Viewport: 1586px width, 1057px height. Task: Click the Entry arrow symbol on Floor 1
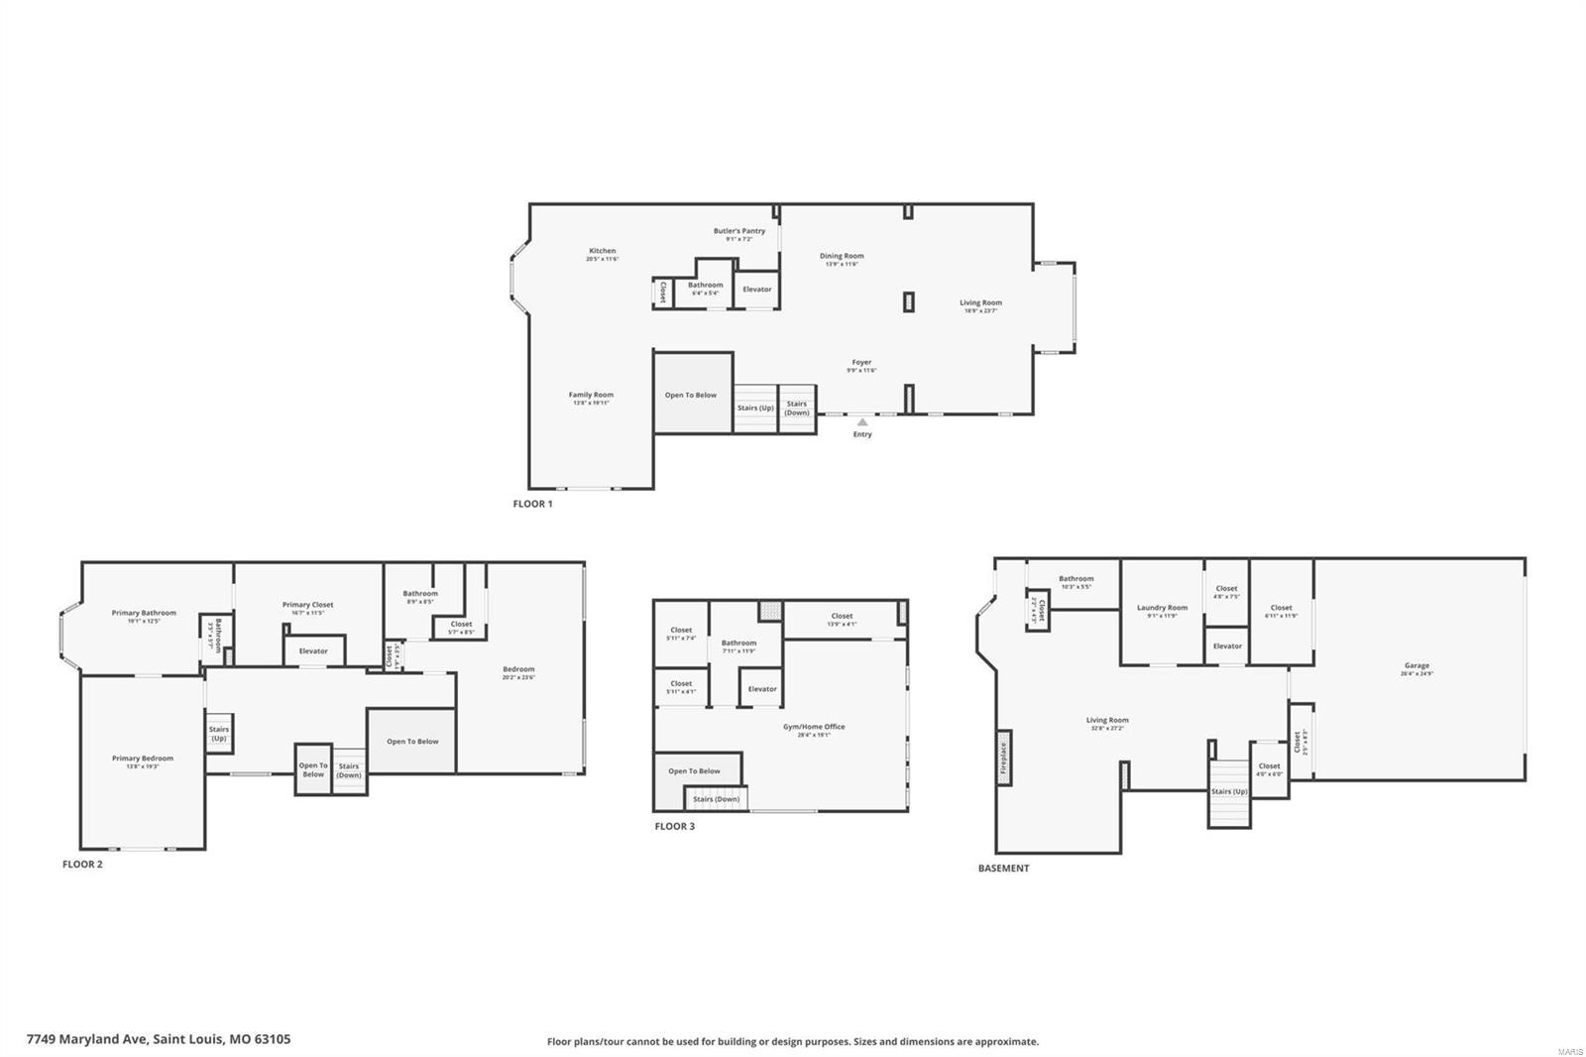(862, 421)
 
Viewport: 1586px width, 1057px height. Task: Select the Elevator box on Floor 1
(757, 290)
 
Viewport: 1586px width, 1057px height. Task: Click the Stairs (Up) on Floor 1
(755, 408)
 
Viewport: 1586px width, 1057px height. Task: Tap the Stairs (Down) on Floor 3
(716, 799)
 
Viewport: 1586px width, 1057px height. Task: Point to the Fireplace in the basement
(1003, 758)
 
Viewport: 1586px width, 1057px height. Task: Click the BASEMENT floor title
(1003, 868)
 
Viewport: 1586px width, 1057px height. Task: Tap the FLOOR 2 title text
(82, 864)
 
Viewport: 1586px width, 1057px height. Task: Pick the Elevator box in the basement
(1227, 646)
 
